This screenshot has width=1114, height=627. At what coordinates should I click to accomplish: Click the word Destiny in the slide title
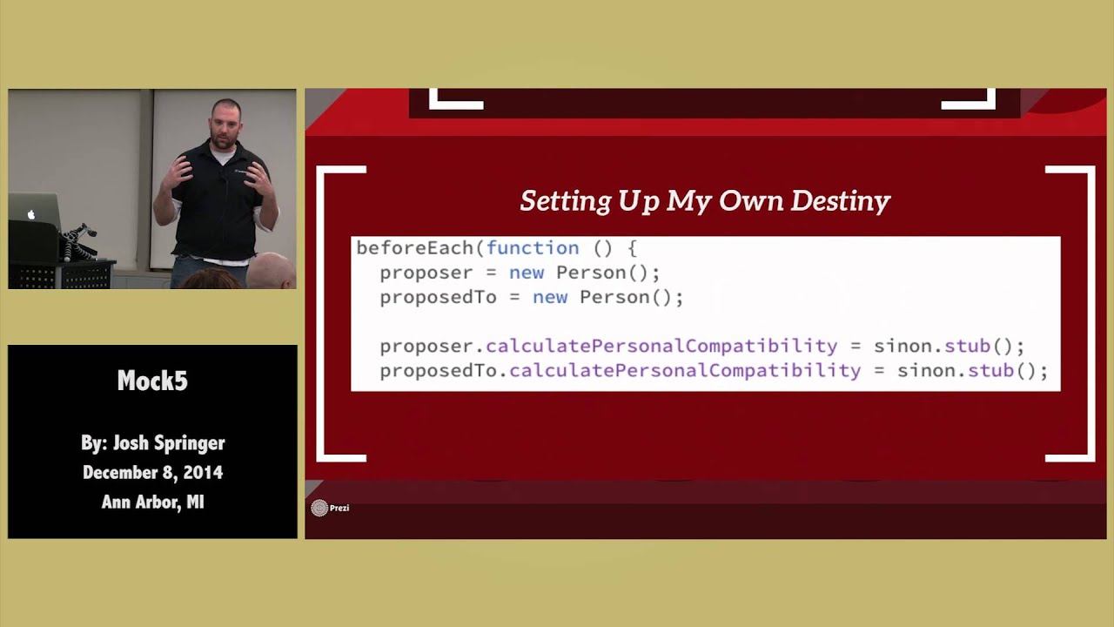coord(840,201)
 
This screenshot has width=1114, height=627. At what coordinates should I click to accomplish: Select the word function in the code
coord(532,248)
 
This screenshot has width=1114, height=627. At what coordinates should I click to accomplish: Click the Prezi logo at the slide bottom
coord(320,508)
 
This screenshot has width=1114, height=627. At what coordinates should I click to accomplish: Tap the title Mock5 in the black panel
coord(152,381)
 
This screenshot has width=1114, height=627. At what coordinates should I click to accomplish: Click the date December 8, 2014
coord(152,472)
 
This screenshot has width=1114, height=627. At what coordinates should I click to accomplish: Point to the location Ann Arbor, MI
coord(152,502)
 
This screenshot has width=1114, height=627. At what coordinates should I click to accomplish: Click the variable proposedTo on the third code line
coord(438,297)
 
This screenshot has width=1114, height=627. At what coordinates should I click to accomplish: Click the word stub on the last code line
coord(990,371)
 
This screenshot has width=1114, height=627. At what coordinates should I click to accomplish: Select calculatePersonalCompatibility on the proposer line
coord(661,347)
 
